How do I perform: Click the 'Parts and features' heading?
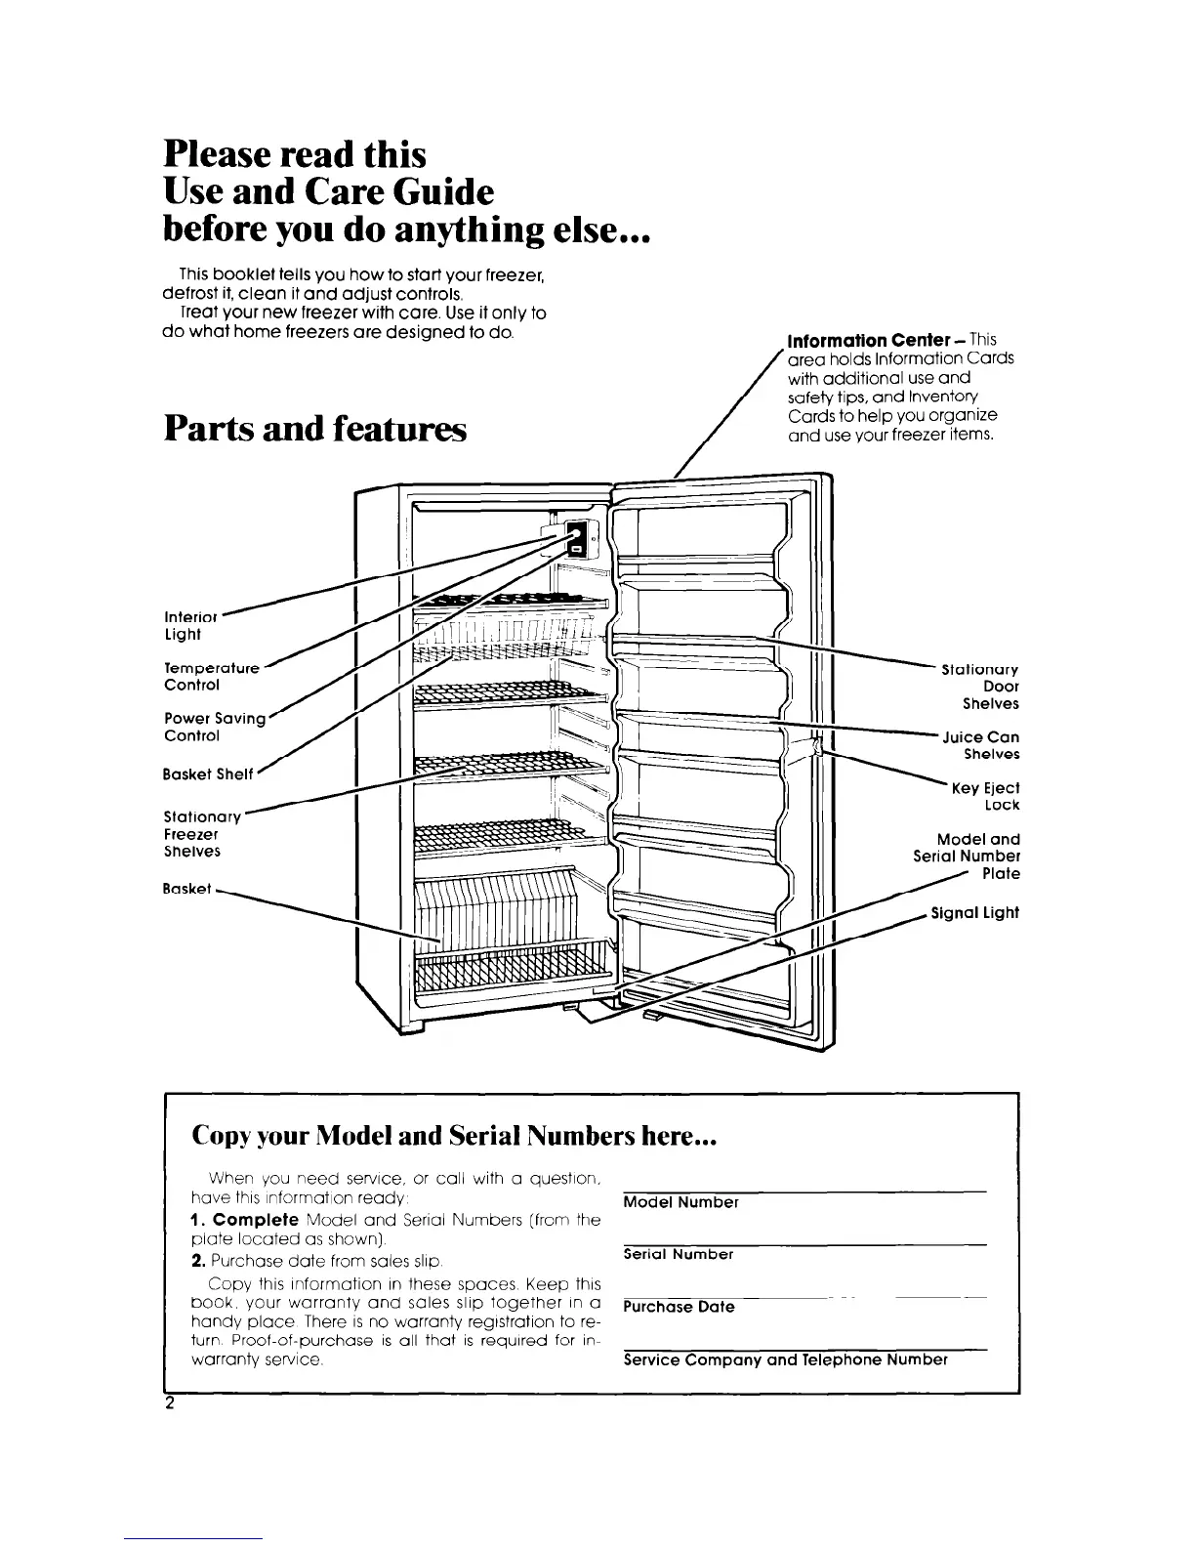(315, 428)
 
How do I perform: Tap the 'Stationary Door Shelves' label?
(979, 687)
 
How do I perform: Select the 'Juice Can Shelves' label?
(980, 745)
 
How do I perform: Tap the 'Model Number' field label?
(680, 1202)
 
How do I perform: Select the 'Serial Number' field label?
(678, 1254)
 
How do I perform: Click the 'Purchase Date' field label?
(679, 1307)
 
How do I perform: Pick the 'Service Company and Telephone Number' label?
(785, 1359)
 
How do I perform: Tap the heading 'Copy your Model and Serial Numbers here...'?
(455, 1138)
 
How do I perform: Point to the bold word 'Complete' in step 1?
(256, 1221)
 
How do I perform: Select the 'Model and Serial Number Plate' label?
(966, 856)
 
